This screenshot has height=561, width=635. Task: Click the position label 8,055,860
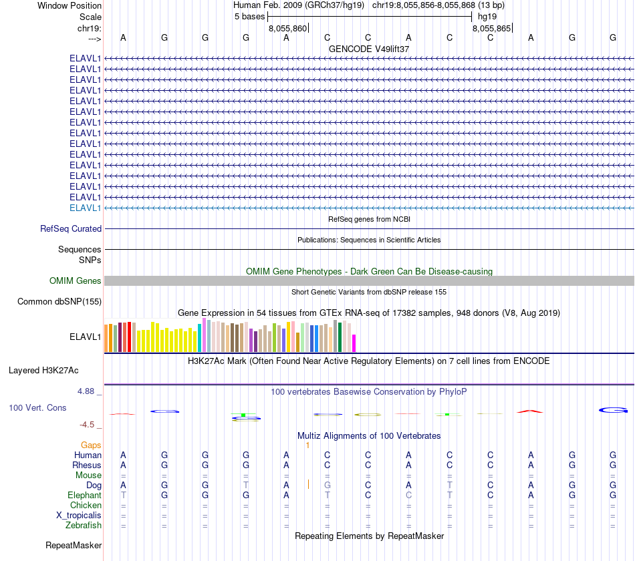point(287,29)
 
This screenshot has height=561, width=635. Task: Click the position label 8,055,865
point(491,29)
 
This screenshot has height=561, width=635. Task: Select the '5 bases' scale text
point(249,17)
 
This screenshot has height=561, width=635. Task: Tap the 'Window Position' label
point(70,6)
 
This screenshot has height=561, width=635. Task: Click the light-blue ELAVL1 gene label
point(86,208)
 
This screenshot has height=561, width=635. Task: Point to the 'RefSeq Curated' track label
point(71,228)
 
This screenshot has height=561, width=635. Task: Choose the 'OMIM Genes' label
point(76,281)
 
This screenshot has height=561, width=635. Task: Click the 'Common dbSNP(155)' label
point(59,302)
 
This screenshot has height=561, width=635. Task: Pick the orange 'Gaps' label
point(91,445)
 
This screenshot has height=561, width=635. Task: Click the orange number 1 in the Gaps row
point(307,445)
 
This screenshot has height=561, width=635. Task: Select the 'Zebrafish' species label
point(84,526)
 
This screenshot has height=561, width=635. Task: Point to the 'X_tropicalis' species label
point(79,516)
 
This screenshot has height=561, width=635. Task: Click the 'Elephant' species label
point(84,496)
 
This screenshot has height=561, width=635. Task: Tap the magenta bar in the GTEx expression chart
point(354,343)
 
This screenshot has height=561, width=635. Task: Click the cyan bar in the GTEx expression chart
point(200,338)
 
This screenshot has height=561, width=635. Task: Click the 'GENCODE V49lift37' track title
point(369,49)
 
